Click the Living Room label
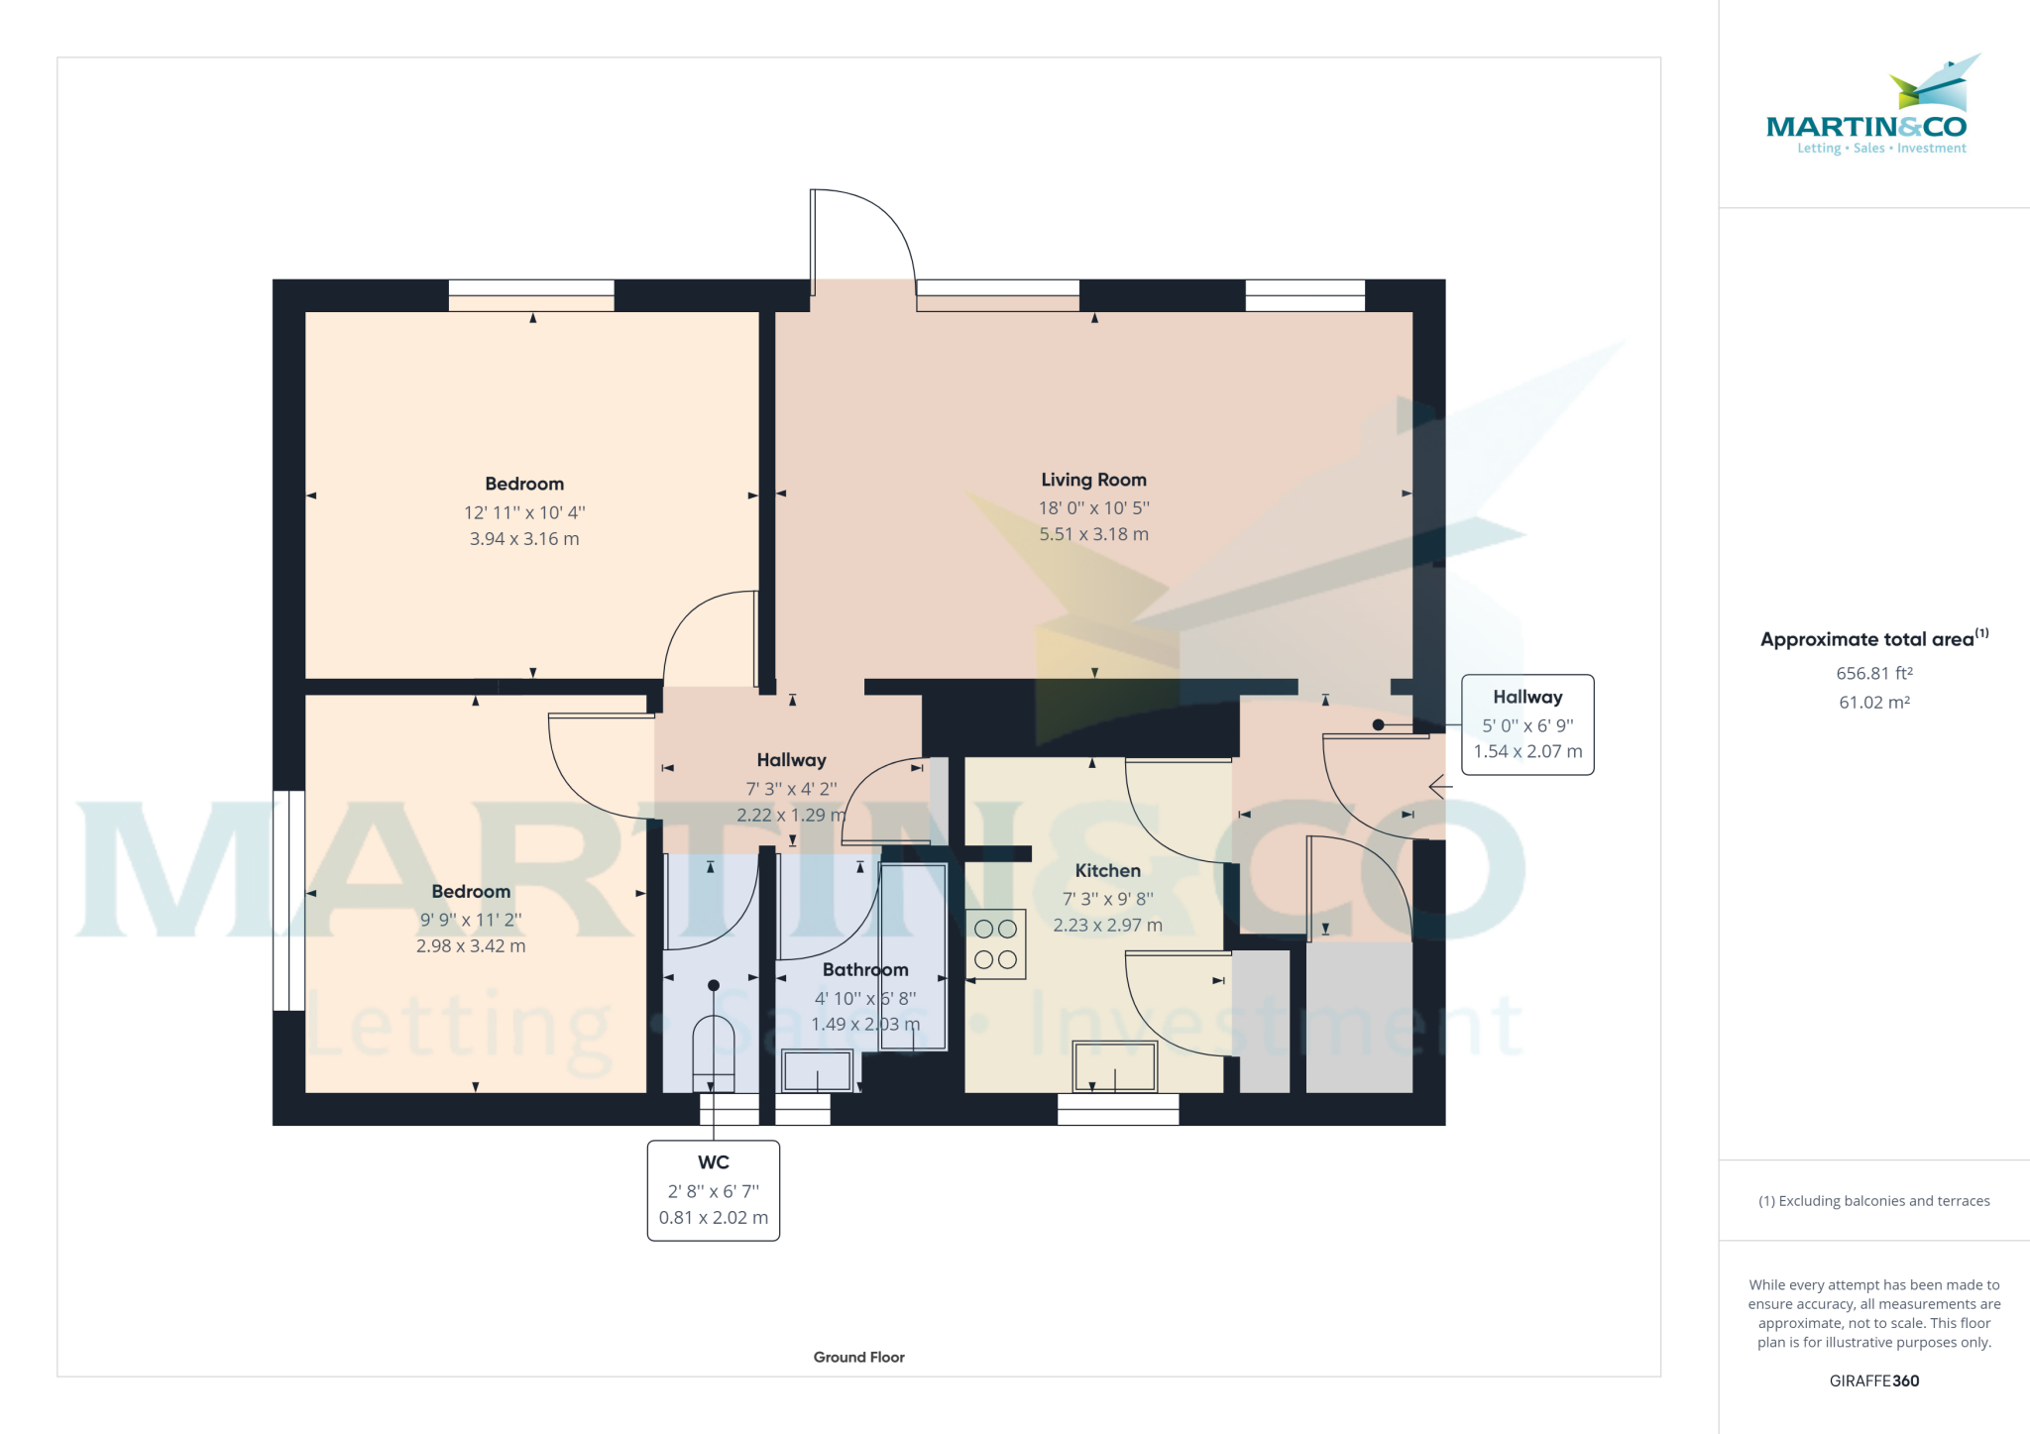pos(1093,480)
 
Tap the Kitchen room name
pos(1107,871)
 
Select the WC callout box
pos(713,1190)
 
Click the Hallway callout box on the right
pos(1526,724)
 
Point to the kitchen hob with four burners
pos(995,943)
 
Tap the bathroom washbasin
pos(817,1071)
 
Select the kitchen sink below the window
pos(1115,1066)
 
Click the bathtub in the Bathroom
pos(913,956)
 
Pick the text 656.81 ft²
pos(1873,673)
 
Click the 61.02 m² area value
pos(1873,702)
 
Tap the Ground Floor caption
pos(858,1357)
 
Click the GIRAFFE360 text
pos(1873,1380)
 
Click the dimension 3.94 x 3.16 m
pos(523,539)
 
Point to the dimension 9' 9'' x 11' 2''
pos(471,920)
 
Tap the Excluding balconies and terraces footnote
pos(1873,1201)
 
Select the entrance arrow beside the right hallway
pos(1440,787)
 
